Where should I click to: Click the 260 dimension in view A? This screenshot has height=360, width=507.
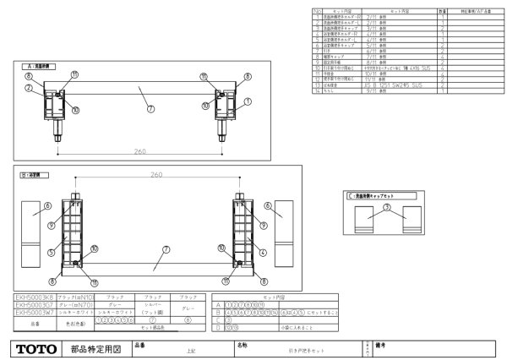pos(140,153)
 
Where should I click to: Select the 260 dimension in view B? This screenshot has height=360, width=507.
pos(156,175)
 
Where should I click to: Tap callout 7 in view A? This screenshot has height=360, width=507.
pos(150,109)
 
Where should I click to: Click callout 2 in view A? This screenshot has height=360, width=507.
pos(28,88)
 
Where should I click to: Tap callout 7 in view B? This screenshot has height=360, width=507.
pos(166,250)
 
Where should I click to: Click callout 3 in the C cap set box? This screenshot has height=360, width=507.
pos(386,208)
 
